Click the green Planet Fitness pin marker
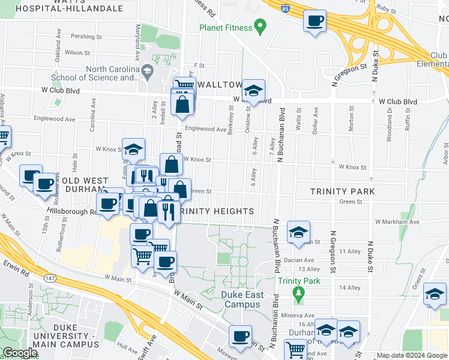[260, 26]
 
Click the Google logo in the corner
[20, 353]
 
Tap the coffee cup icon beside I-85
[315, 21]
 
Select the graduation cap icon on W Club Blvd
[254, 91]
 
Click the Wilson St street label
[77, 53]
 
